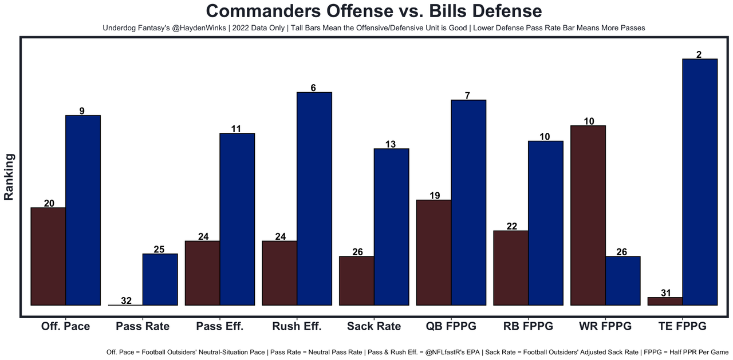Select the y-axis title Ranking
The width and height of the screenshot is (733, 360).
9,176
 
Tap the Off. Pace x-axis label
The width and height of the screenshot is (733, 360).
65,326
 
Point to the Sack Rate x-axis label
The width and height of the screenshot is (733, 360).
374,326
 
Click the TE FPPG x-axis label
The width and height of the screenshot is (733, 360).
682,326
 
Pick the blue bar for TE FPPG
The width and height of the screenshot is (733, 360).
700,182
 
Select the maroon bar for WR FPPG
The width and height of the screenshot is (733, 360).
588,215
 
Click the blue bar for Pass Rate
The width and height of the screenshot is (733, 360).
160,279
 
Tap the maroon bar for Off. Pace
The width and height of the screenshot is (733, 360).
48,256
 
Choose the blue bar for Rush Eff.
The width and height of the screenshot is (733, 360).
314,199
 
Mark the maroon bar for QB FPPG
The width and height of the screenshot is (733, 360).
434,252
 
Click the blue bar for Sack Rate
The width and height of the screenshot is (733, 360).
391,227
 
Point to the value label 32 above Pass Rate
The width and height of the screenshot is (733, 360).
126,300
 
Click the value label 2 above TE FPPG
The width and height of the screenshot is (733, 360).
699,54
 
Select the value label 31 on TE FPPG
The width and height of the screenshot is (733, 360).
665,293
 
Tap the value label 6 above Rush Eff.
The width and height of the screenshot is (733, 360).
314,88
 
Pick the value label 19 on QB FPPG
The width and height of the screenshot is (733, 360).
434,196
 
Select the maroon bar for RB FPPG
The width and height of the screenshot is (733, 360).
511,268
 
